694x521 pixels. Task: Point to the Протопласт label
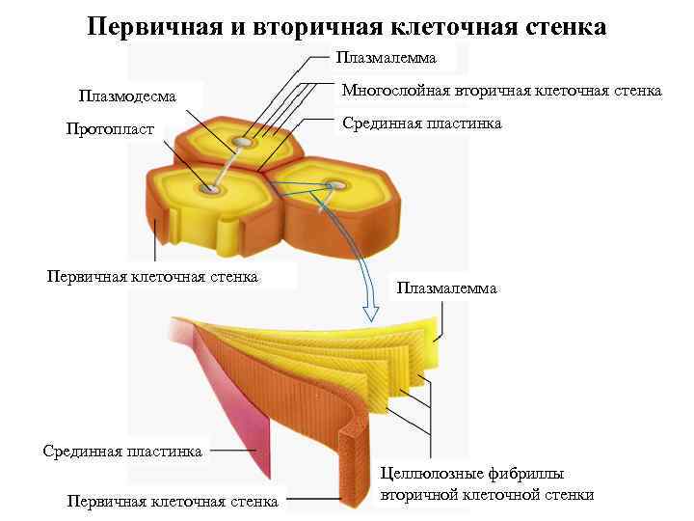point(110,129)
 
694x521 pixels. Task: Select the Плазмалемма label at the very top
point(386,58)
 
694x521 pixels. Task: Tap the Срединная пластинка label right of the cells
point(422,123)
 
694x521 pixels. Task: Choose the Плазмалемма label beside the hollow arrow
point(446,288)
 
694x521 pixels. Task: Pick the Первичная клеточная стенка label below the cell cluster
point(152,278)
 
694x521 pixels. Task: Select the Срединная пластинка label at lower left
point(122,451)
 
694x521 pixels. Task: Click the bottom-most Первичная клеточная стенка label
point(173,501)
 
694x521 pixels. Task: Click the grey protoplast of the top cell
point(243,143)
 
